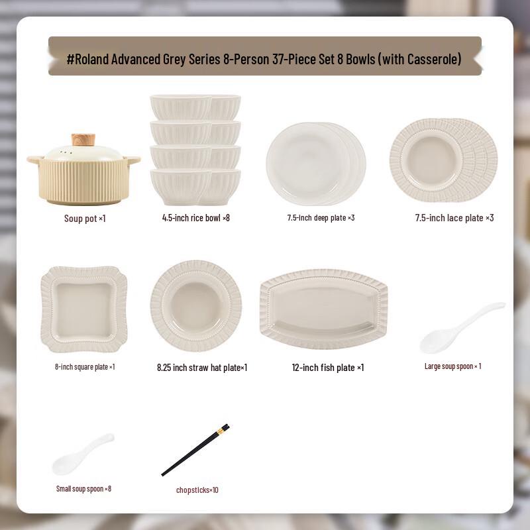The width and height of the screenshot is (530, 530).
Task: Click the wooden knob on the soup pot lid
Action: (x=83, y=140)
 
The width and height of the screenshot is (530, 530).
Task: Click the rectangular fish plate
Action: (x=323, y=309)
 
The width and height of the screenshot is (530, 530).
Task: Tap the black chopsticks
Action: (x=195, y=450)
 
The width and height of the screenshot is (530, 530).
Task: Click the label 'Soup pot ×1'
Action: (x=85, y=219)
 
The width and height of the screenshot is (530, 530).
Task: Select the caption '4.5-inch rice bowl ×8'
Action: (x=196, y=217)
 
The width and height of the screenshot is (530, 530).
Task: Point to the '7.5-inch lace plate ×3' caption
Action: (x=454, y=217)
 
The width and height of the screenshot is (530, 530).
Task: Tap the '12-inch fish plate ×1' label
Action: (x=328, y=368)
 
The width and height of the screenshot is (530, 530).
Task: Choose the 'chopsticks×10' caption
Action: (x=197, y=490)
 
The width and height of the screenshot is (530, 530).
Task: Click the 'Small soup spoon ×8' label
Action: (x=83, y=489)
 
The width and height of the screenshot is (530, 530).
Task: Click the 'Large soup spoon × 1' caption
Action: (x=453, y=366)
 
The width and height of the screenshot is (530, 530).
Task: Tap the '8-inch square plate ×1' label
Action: (x=85, y=367)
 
